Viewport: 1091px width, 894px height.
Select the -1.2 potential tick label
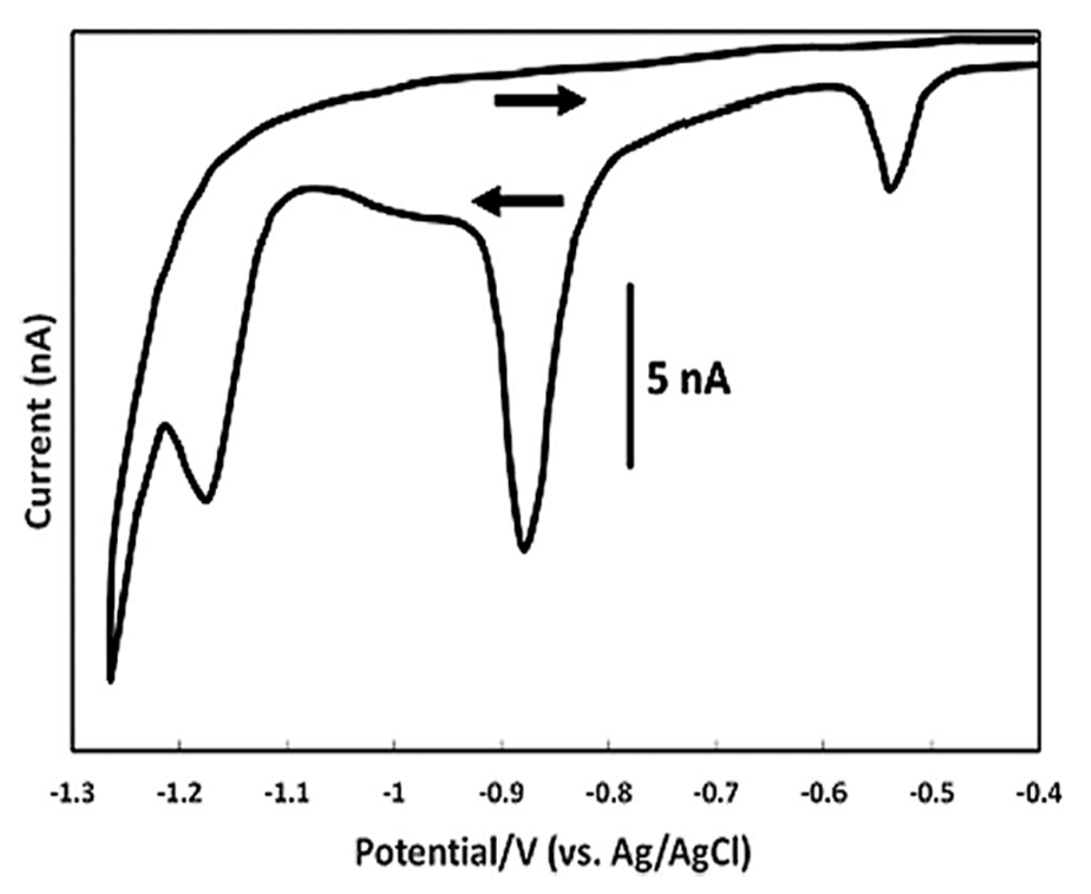tap(180, 795)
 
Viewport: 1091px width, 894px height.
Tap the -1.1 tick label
tap(287, 795)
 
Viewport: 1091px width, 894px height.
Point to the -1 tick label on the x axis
tap(394, 795)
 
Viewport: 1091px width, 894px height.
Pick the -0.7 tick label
tap(716, 795)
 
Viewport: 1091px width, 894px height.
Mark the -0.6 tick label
tap(824, 795)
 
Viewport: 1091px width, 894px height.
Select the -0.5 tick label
tap(931, 795)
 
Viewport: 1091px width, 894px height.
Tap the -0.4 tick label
tap(1038, 795)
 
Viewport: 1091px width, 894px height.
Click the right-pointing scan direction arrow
tap(540, 100)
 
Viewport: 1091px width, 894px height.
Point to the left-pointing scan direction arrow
tap(518, 201)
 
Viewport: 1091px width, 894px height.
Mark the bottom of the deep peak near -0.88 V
tap(524, 550)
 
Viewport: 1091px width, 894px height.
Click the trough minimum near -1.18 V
tap(207, 501)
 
